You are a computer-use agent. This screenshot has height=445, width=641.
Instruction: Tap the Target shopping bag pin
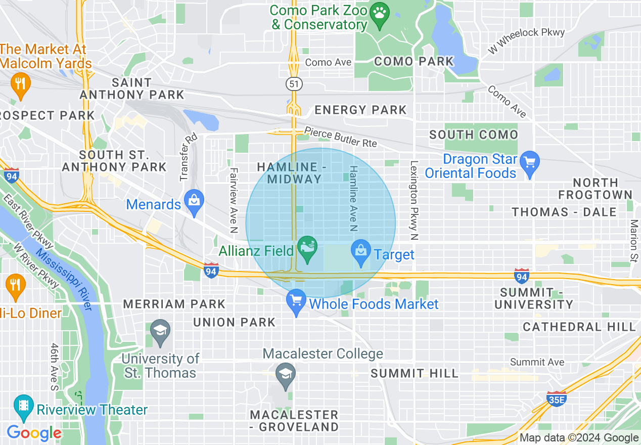pos(361,252)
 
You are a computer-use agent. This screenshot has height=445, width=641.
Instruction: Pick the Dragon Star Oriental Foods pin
pos(529,163)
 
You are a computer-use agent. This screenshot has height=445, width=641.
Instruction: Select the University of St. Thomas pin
pos(160,332)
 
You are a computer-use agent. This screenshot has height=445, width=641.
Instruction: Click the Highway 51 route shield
pos(293,83)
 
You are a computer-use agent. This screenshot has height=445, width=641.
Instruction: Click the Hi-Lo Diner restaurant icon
pos(15,286)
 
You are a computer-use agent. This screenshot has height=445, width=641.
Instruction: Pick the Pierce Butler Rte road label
pos(340,138)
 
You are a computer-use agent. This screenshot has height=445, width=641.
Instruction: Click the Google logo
pos(34,433)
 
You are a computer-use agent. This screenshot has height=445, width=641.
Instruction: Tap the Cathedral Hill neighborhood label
pos(579,327)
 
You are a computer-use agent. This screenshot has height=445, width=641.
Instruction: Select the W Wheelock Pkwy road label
pos(526,41)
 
